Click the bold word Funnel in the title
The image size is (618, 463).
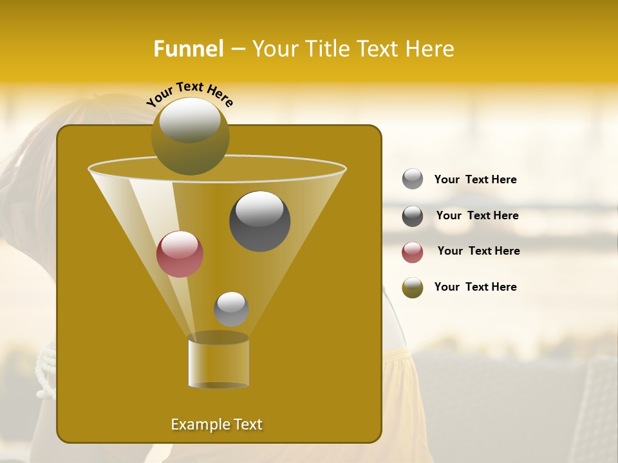click(x=189, y=49)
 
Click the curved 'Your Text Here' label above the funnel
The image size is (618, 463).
click(x=189, y=94)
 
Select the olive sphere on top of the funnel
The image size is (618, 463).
click(x=190, y=136)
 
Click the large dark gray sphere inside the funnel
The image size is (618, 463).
click(x=259, y=221)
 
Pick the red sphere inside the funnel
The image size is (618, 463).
click(x=180, y=254)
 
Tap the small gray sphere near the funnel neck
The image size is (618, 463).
click(x=231, y=309)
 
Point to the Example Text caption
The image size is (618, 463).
click(x=216, y=424)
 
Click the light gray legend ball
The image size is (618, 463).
click(x=413, y=179)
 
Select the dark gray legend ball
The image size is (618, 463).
click(x=413, y=216)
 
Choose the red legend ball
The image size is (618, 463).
click(x=413, y=252)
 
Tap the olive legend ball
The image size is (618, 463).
click(x=413, y=287)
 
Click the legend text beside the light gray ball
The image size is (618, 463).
click(x=475, y=179)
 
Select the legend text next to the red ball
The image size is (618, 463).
click(x=478, y=251)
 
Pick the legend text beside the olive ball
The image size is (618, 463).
click(x=475, y=287)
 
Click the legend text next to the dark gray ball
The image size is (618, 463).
click(x=477, y=215)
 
